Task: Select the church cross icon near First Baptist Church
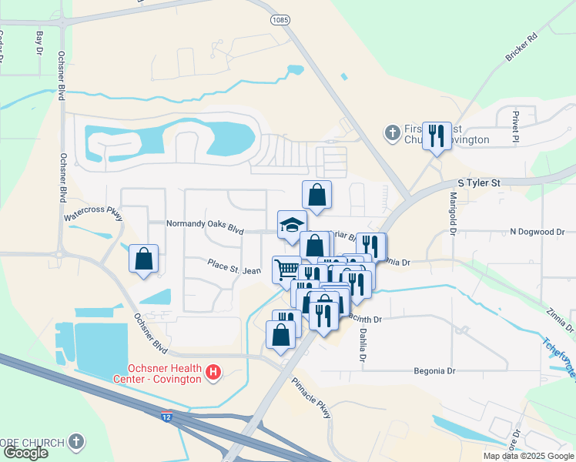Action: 392,133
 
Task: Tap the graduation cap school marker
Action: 292,225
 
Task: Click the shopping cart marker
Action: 286,269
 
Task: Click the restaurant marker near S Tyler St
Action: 438,136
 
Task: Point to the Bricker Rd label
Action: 521,49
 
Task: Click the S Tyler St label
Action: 479,183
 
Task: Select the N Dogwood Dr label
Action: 537,231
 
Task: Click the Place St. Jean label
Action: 234,266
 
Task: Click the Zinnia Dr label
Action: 557,319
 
